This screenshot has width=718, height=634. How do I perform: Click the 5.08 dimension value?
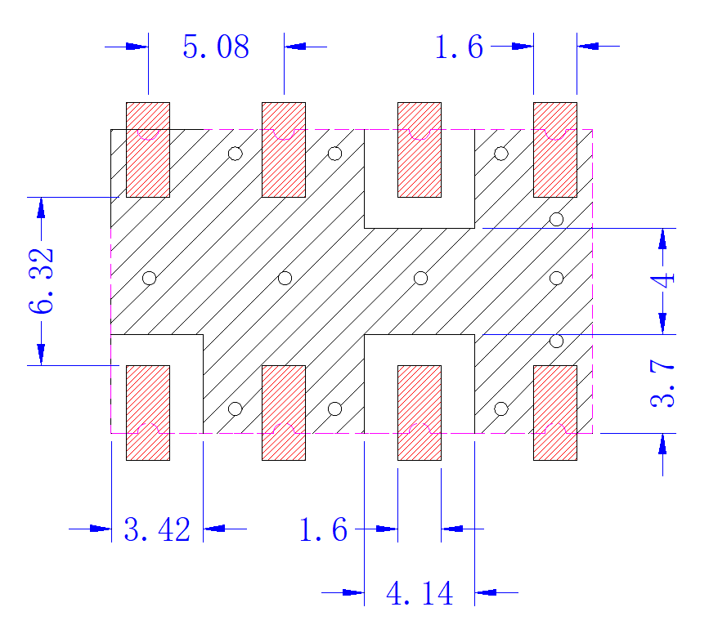(x=216, y=47)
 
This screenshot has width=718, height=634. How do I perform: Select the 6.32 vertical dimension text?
(x=41, y=281)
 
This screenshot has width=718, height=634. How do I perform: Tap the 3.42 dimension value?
(x=157, y=529)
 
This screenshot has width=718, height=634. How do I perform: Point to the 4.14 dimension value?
(x=420, y=593)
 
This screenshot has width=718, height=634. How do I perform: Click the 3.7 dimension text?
(x=662, y=383)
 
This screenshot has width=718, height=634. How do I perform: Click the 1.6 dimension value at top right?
(x=459, y=47)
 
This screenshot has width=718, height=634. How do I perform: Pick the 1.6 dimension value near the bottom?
(x=323, y=529)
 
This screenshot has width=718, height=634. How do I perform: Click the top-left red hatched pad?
(x=148, y=150)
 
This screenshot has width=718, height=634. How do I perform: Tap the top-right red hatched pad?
(x=555, y=150)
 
